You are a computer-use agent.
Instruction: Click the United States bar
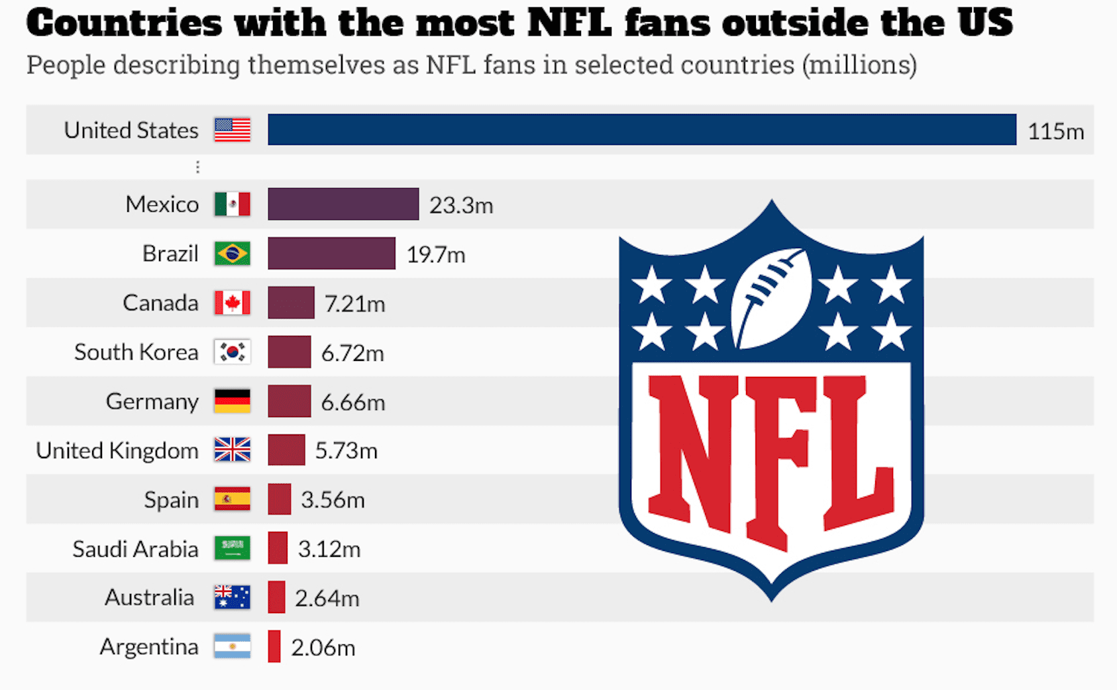point(641,130)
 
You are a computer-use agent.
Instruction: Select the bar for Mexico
point(343,204)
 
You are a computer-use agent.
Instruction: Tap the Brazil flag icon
point(233,254)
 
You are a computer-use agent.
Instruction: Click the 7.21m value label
point(354,304)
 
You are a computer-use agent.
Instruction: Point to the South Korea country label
point(136,352)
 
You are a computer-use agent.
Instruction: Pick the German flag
point(233,401)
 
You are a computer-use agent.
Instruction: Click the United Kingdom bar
point(286,450)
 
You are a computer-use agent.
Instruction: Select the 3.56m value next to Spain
point(333,500)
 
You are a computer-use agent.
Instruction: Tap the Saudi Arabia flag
point(233,548)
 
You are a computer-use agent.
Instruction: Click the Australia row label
point(149,598)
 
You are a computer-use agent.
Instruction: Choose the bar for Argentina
point(274,647)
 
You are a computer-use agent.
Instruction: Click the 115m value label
point(1055,131)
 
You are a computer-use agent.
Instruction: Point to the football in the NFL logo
point(772,298)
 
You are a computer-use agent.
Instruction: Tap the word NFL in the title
point(569,23)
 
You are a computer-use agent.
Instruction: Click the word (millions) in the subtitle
point(859,65)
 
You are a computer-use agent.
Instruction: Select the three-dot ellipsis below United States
point(197,167)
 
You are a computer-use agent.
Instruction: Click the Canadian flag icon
point(233,303)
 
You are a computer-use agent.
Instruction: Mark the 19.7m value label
point(435,255)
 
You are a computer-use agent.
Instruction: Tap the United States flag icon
point(233,130)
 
